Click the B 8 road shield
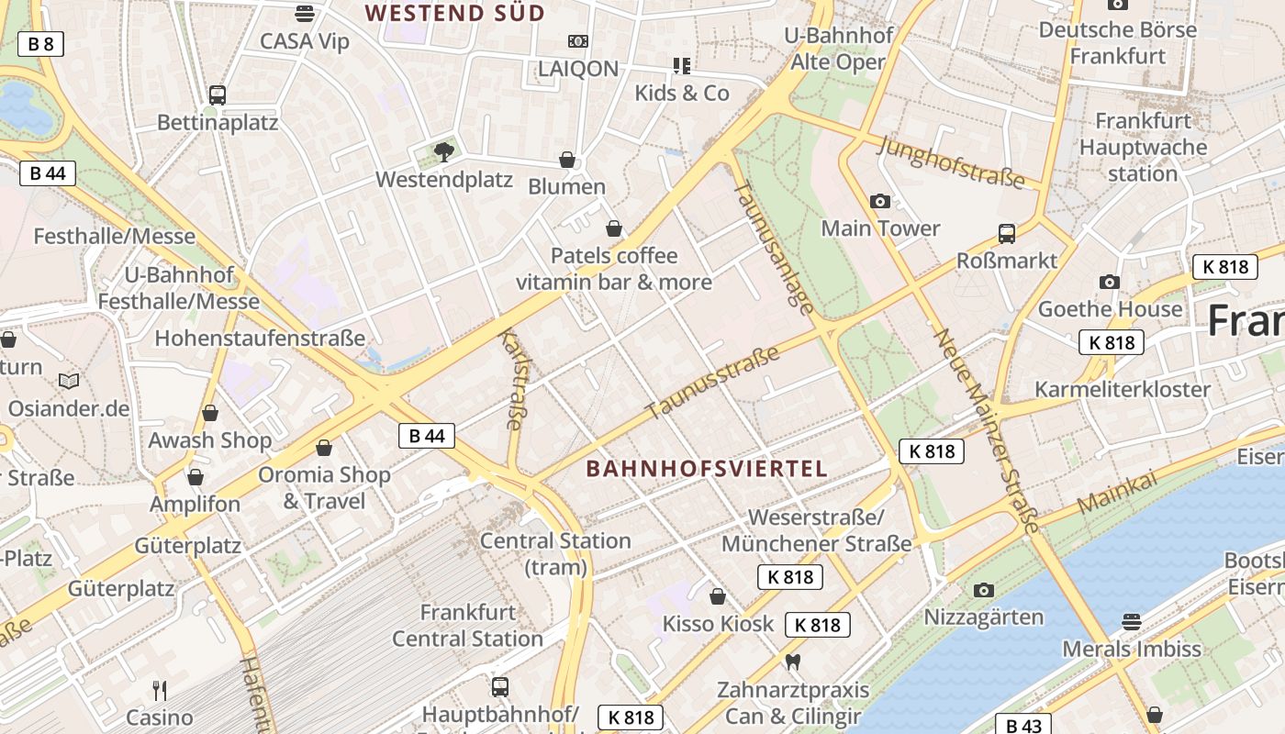[40, 43]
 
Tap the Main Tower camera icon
[879, 201]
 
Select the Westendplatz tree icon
[444, 151]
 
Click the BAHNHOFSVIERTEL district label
[707, 469]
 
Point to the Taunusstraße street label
[712, 383]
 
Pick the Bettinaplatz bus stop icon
[218, 95]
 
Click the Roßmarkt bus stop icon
[1007, 233]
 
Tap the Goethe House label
[1110, 309]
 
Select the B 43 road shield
[1023, 726]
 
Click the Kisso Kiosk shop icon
[718, 596]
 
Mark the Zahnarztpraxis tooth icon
[793, 662]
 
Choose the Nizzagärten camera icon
[984, 589]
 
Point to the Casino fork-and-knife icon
[160, 690]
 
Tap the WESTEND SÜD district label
[455, 13]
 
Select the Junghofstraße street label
[950, 163]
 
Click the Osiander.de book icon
[69, 380]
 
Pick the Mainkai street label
[1116, 495]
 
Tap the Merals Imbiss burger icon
[1131, 622]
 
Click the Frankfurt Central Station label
[468, 625]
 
